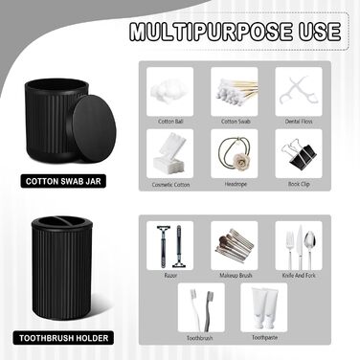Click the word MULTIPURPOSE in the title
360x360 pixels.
(x=211, y=32)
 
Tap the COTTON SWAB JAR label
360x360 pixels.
(x=63, y=181)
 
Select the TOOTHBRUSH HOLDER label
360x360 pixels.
(x=63, y=338)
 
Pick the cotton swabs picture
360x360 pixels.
(x=237, y=92)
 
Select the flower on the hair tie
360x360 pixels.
(x=236, y=159)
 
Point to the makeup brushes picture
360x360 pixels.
(x=235, y=245)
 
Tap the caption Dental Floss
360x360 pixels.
(x=299, y=122)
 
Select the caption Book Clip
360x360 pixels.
(x=299, y=184)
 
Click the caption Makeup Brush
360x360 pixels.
(x=236, y=275)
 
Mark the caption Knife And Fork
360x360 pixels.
(x=299, y=275)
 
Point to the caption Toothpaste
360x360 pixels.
(x=264, y=337)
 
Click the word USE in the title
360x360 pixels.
(x=319, y=32)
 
